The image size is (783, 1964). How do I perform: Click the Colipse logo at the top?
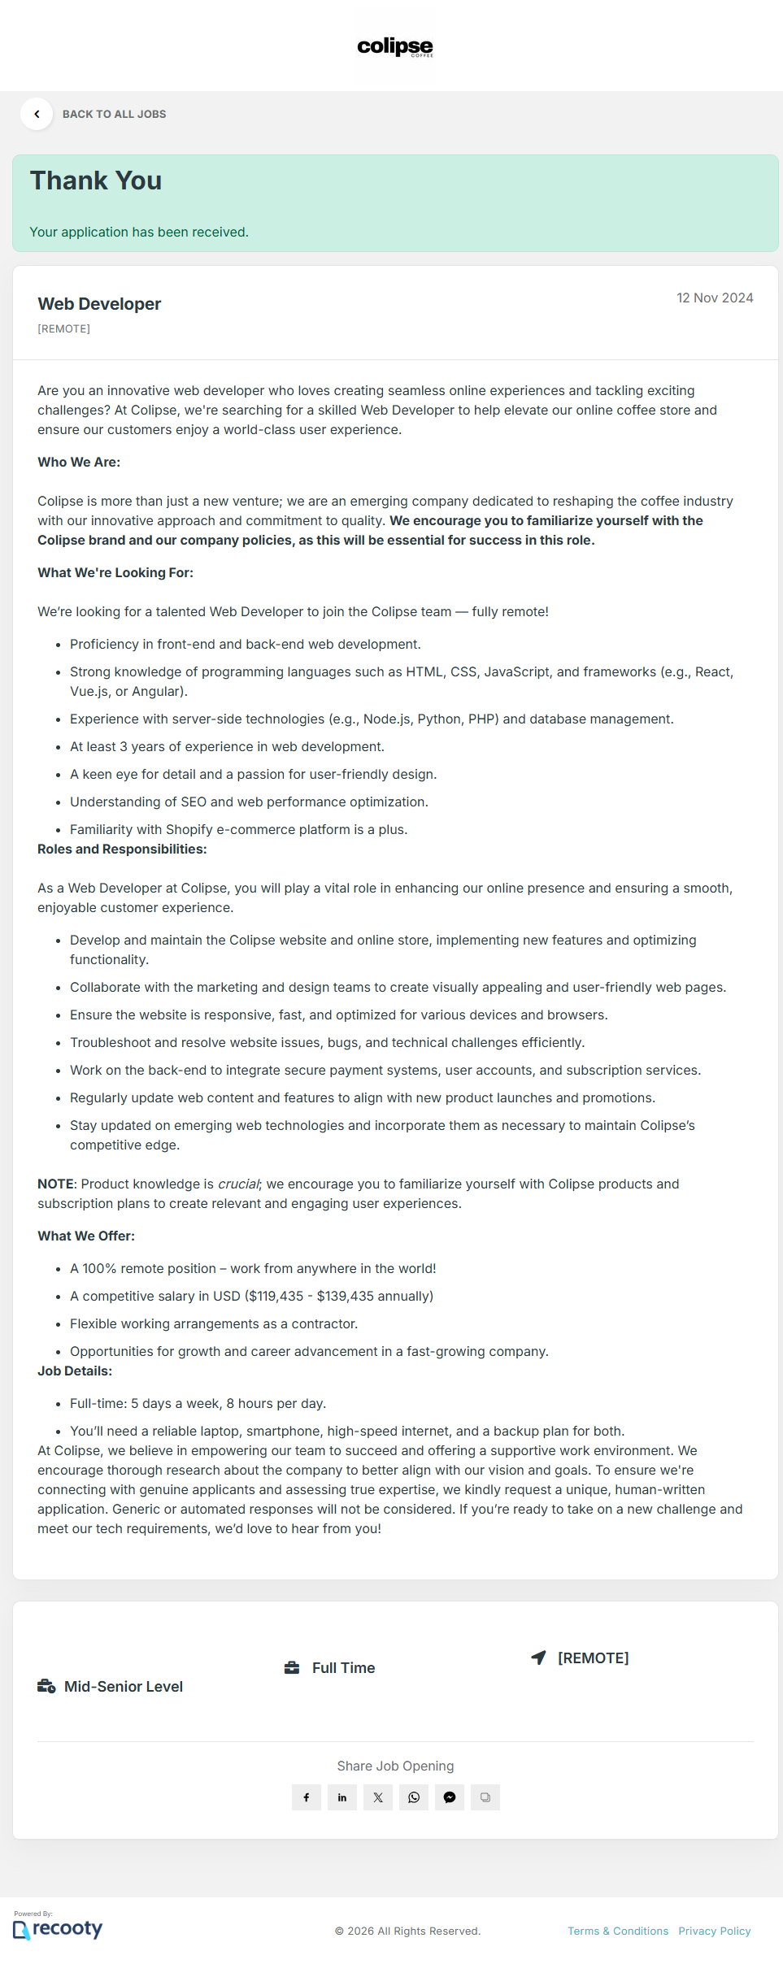tap(395, 46)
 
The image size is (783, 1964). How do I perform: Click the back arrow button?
tap(37, 114)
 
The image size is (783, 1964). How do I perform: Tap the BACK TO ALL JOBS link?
tap(114, 115)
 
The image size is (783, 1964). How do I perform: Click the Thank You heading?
tap(96, 181)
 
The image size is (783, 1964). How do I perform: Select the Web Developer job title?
tap(99, 304)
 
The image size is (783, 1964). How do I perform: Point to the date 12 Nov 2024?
tap(715, 298)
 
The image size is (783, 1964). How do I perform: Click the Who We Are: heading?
tap(79, 463)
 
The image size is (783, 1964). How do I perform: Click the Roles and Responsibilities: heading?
tap(122, 849)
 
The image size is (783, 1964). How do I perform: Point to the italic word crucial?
tap(238, 1184)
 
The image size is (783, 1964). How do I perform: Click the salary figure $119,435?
tap(276, 1297)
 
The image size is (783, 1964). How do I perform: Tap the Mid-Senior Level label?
tap(124, 1687)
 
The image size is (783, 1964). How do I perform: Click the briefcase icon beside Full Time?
tap(292, 1668)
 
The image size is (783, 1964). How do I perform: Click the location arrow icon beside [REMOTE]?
tap(538, 1658)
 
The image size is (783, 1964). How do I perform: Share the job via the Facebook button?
tap(307, 1797)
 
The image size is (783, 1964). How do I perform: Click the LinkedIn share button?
tap(342, 1797)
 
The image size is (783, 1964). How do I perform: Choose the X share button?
tap(378, 1797)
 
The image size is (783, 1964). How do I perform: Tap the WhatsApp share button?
tap(414, 1797)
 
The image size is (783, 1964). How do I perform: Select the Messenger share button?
tap(450, 1797)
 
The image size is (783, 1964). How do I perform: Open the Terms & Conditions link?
tap(618, 1931)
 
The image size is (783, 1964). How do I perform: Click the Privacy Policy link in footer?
tap(715, 1931)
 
